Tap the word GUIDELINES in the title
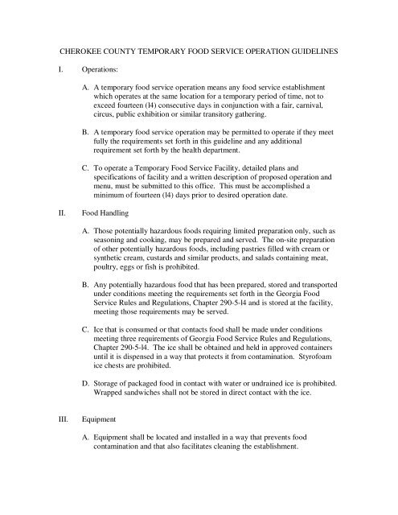point(319,51)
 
